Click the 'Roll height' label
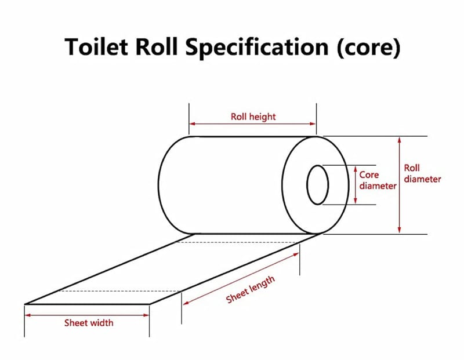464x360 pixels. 253,117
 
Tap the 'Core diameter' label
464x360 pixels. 377,180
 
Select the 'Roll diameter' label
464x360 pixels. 422,173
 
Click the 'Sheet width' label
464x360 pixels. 89,323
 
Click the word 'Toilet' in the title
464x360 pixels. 99,47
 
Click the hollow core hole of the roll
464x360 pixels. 317,184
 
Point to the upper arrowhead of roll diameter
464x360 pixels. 399,139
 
